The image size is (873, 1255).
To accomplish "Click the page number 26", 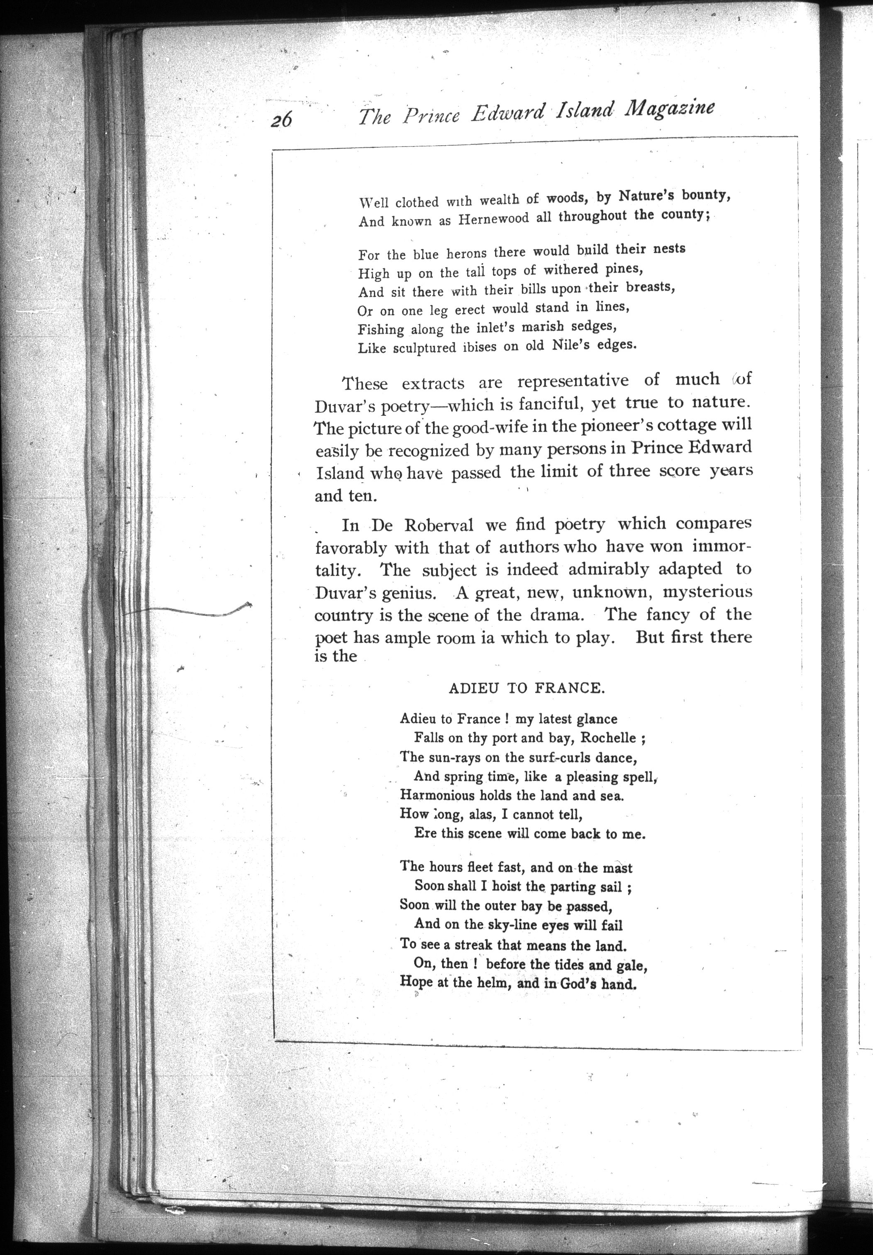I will (x=281, y=117).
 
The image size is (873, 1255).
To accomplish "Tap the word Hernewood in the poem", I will (x=494, y=219).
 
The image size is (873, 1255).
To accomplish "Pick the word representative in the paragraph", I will (x=573, y=381).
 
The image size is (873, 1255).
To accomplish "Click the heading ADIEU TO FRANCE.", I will (x=527, y=688).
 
